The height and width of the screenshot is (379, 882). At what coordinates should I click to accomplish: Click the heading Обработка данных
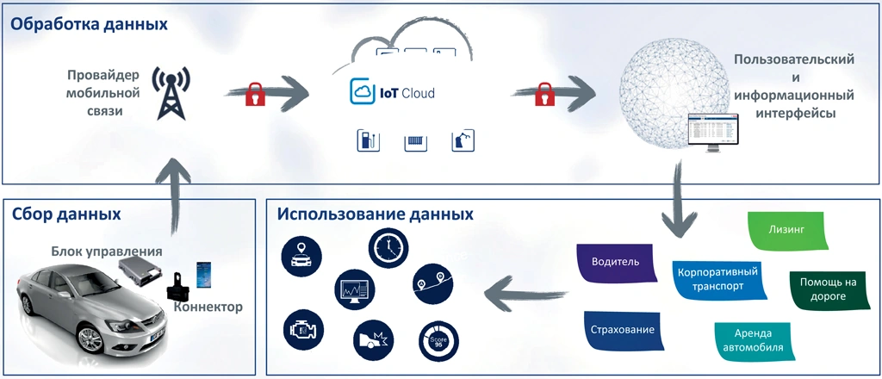[89, 24]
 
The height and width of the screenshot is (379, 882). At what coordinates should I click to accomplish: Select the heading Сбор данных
[66, 214]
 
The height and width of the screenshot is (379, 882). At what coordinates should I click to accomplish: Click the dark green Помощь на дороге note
[823, 289]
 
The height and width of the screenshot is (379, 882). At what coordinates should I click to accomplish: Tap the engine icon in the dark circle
[302, 328]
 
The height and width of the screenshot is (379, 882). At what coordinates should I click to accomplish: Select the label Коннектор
[208, 307]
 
